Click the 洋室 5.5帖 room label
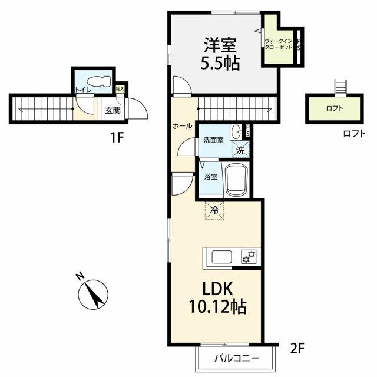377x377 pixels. coord(220,54)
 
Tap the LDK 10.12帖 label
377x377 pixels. coord(217,297)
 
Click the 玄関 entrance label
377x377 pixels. coord(113,111)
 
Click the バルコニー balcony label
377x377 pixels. coord(237,359)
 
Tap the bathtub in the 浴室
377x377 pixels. coord(237,180)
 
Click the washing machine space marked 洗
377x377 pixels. coord(240,150)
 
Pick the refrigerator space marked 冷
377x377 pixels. coord(214,211)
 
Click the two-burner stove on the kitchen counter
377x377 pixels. coord(249,256)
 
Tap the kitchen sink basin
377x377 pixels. coord(221,257)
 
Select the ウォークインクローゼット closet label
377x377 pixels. coord(279,44)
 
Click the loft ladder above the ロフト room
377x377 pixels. coord(340,87)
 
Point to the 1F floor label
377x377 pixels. coord(117,138)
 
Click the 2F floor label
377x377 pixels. coord(297,349)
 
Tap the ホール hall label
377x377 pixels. coord(183,125)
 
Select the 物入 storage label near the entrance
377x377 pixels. coord(120,89)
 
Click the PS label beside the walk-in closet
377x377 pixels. coord(299,45)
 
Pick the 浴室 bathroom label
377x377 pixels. coord(211,177)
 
